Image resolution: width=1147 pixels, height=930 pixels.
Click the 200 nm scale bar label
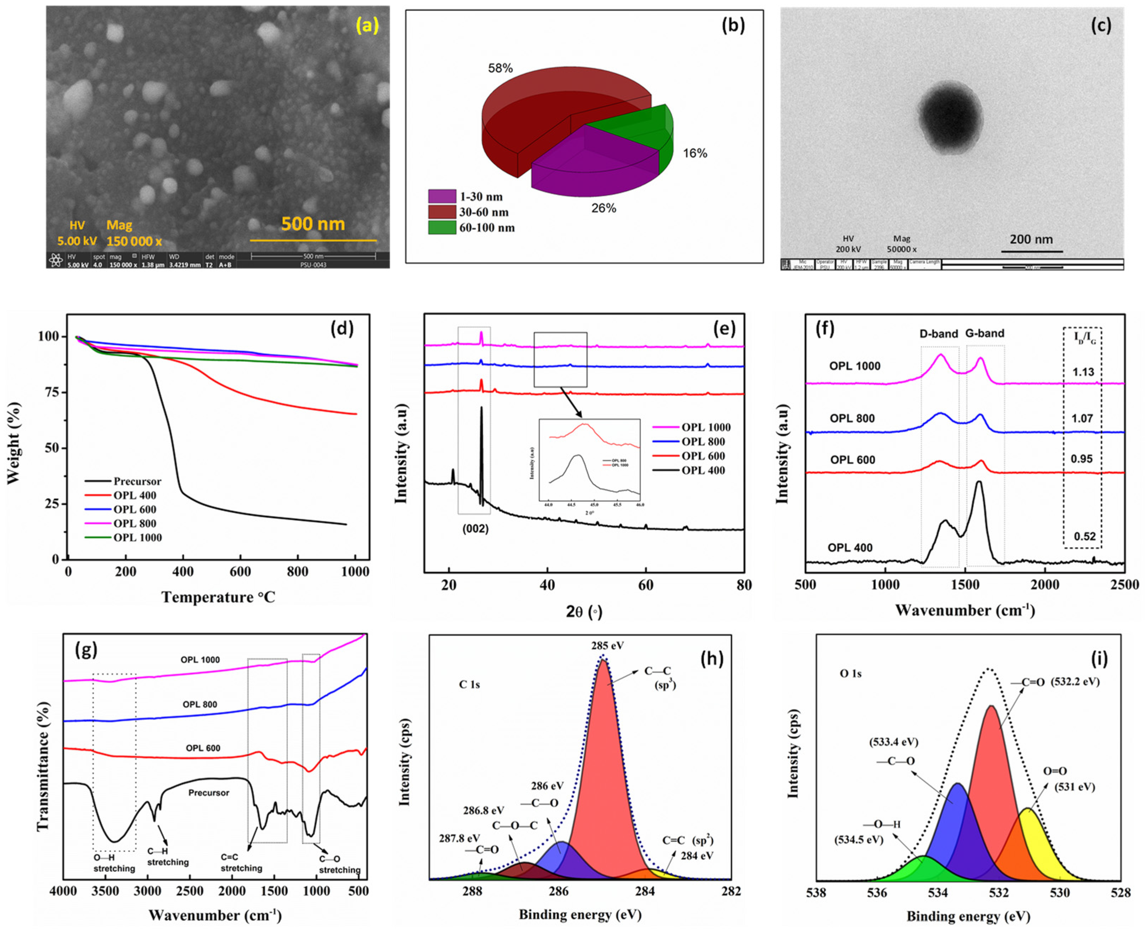[1031, 240]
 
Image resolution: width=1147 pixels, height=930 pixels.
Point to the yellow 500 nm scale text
[313, 224]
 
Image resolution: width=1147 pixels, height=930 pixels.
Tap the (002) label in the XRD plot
[475, 529]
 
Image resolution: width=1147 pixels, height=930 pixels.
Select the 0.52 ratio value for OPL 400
[1084, 536]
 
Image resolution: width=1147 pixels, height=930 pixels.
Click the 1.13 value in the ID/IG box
[1083, 372]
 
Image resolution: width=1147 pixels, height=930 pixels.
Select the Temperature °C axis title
[218, 597]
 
